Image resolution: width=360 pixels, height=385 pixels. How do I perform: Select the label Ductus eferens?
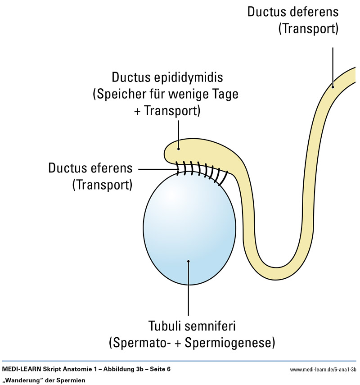click(90, 169)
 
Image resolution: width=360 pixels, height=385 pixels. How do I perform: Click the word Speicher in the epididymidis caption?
click(120, 95)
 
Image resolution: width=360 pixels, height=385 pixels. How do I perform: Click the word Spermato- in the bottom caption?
click(139, 342)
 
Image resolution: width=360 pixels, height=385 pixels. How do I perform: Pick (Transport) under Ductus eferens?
click(103, 185)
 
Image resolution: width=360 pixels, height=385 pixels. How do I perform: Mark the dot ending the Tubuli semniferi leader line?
click(189, 260)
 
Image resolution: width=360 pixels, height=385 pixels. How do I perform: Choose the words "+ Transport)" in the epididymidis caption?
click(166, 111)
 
